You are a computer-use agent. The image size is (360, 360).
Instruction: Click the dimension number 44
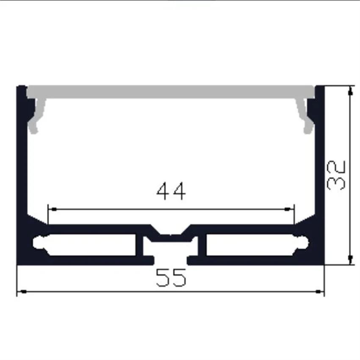point(171,191)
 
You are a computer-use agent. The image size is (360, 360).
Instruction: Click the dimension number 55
point(171,278)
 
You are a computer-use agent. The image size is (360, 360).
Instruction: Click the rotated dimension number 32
point(338,174)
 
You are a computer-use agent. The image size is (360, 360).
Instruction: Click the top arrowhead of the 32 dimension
point(350,90)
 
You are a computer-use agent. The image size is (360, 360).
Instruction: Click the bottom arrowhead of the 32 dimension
point(350,260)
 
